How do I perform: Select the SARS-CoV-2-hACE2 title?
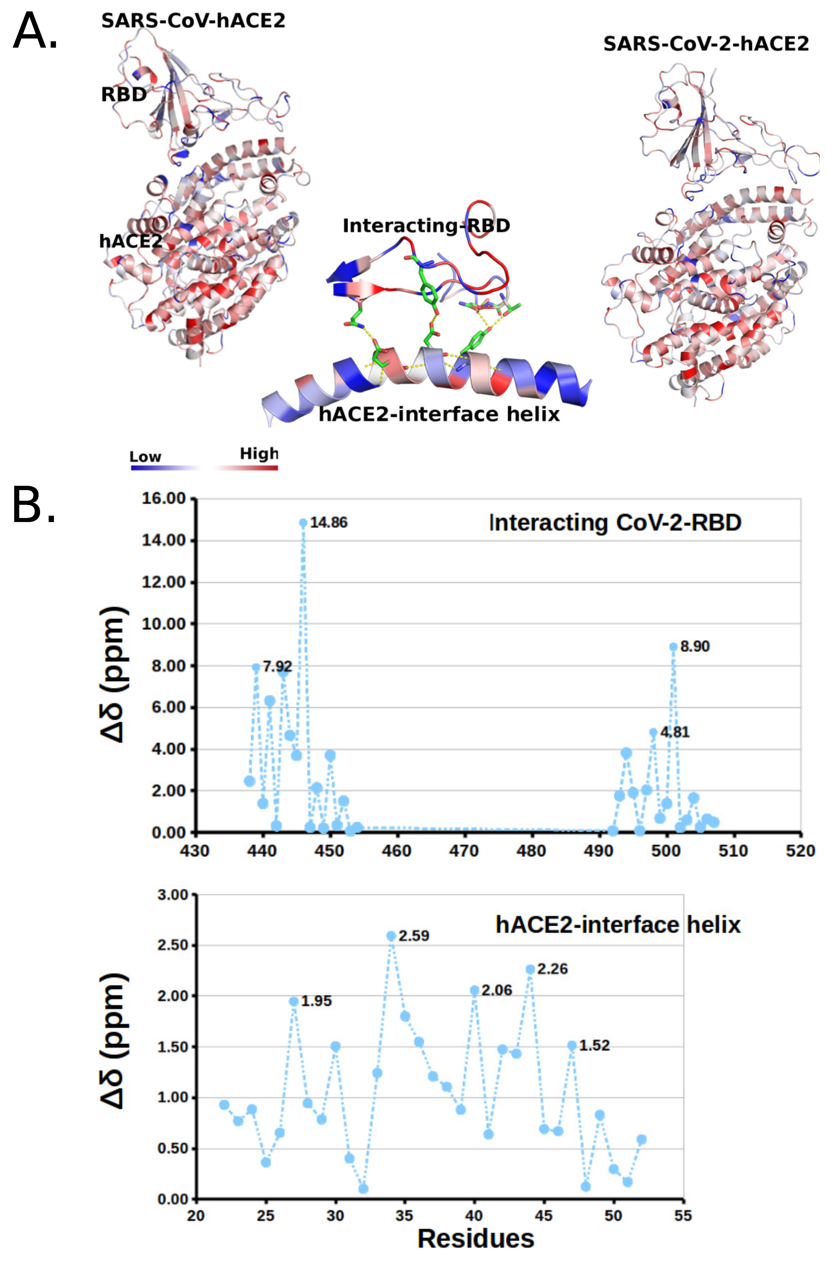(x=706, y=44)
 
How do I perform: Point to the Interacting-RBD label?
(x=426, y=225)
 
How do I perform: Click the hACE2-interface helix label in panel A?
(x=439, y=414)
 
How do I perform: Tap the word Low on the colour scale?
(x=145, y=457)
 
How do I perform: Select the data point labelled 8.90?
(x=673, y=646)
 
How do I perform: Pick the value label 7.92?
(x=277, y=666)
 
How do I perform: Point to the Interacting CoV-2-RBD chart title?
(x=615, y=523)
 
